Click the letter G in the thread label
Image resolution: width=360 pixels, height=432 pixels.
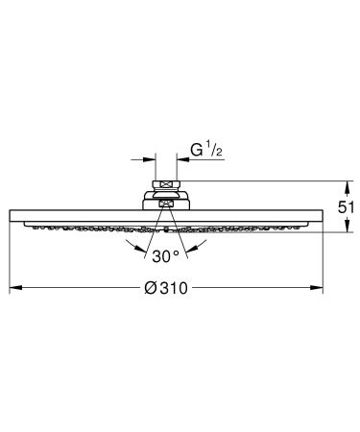click(195, 152)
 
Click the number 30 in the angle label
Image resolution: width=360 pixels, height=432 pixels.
click(158, 256)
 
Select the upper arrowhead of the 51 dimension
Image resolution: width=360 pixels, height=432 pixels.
click(347, 182)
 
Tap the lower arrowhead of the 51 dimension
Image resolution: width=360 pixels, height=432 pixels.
click(347, 228)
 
